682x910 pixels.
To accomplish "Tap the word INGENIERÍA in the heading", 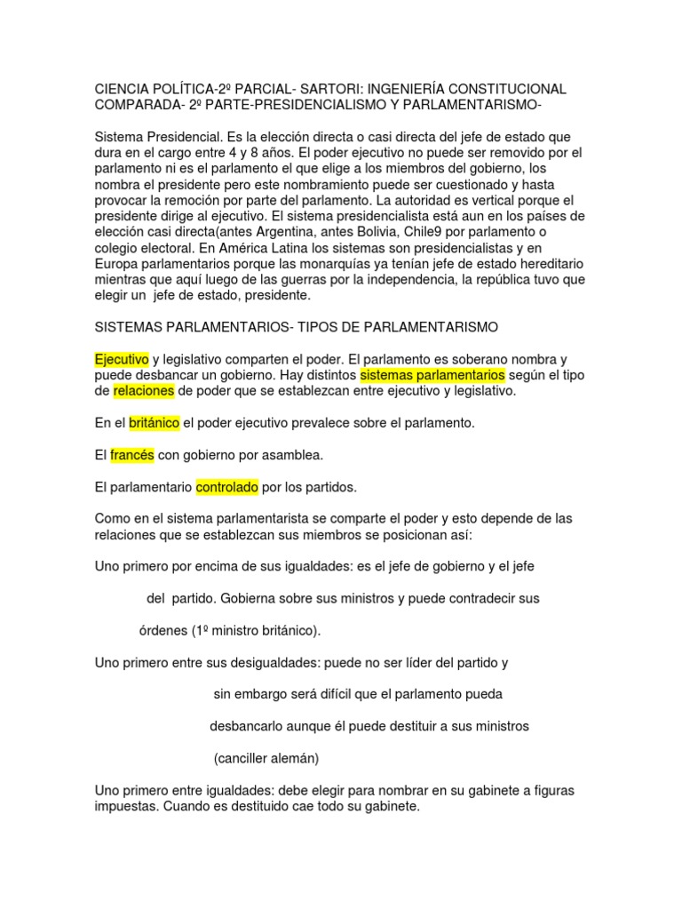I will coord(417,90).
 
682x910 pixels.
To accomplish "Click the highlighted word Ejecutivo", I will coord(121,359).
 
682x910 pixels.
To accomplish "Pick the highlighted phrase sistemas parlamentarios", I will coord(432,375).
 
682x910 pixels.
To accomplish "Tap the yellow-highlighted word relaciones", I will coord(143,391).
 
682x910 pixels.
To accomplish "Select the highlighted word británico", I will coord(154,423).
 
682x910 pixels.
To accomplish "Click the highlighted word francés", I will coord(132,455).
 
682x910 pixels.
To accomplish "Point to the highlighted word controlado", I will coord(226,487).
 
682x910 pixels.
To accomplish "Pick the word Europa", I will coord(116,264).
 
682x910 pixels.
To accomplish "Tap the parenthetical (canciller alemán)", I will coord(266,758).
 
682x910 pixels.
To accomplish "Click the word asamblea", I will coord(286,455).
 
